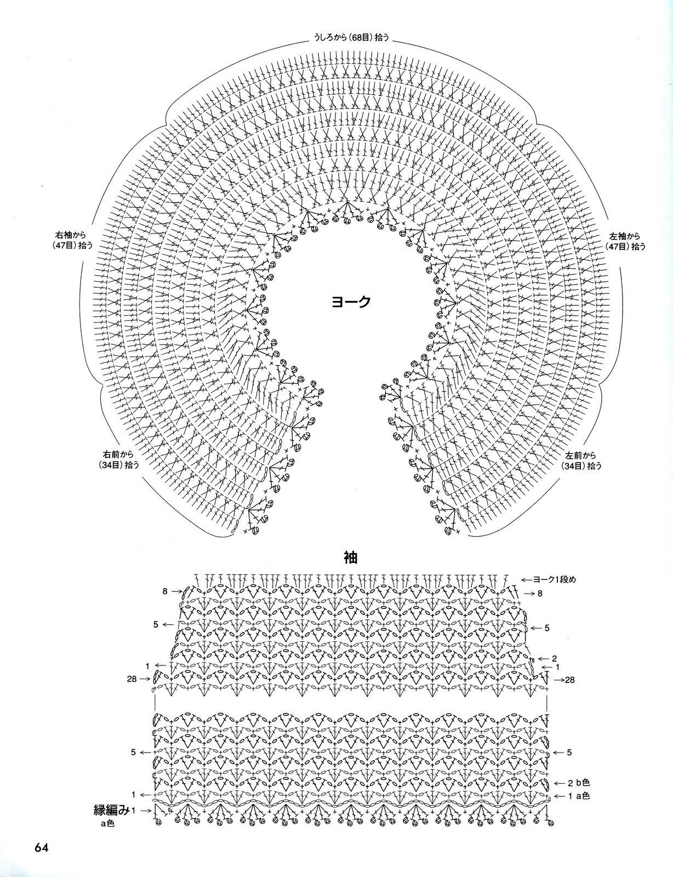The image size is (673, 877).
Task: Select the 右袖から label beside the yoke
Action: [x=71, y=235]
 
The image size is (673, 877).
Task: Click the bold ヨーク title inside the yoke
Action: [x=351, y=301]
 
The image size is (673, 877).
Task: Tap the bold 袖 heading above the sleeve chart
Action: [x=350, y=557]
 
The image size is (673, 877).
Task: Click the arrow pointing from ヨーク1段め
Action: [x=527, y=580]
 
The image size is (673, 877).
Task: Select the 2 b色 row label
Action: [x=579, y=783]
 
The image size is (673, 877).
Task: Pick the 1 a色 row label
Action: [x=579, y=796]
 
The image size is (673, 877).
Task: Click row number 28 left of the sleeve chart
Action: [x=132, y=679]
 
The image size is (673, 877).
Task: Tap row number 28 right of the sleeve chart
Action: [x=570, y=680]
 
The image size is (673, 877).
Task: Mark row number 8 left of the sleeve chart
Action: [x=165, y=591]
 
